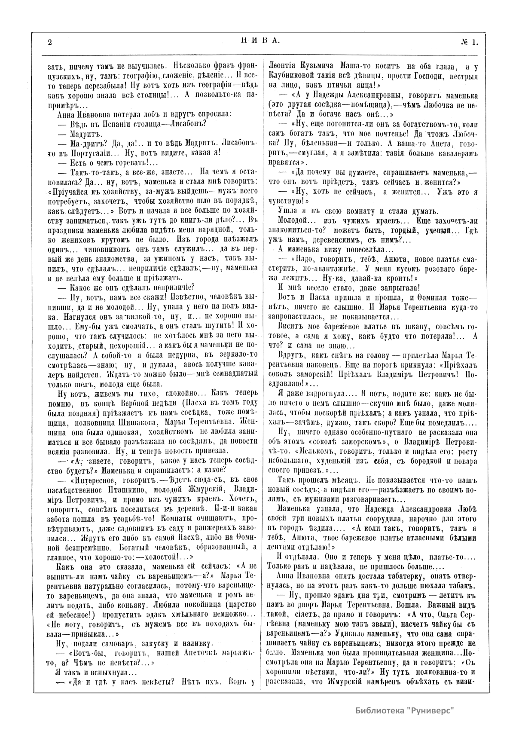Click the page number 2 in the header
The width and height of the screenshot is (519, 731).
tap(50, 42)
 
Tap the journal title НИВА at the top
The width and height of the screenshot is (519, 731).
tap(259, 41)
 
